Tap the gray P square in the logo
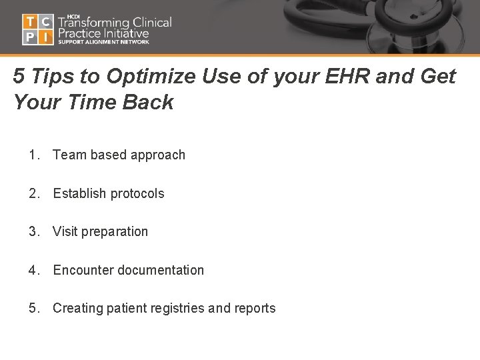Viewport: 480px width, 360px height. pyautogui.click(x=30, y=37)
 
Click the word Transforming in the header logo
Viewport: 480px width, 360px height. pyautogui.click(x=95, y=22)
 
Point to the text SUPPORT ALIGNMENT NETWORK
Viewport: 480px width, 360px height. pyautogui.click(x=103, y=42)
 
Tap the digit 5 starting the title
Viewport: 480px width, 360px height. pyautogui.click(x=19, y=77)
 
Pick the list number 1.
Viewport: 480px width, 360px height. pyautogui.click(x=33, y=155)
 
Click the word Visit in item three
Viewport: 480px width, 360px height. pyautogui.click(x=65, y=232)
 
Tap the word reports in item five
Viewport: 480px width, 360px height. pyautogui.click(x=253, y=309)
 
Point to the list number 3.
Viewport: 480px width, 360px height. pyautogui.click(x=33, y=232)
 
